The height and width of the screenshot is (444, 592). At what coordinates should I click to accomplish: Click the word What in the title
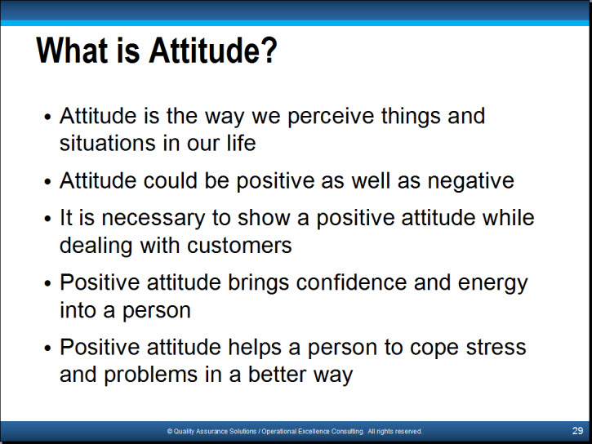point(73,50)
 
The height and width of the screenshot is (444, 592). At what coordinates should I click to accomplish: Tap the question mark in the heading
point(269,50)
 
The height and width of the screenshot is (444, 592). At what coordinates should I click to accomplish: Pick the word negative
point(470,181)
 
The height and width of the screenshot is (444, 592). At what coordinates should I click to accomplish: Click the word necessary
point(153,219)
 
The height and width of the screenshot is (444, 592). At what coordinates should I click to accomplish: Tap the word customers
point(239,246)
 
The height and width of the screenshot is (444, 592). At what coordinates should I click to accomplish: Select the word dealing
point(96,246)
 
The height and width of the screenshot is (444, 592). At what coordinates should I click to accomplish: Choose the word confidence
point(351,282)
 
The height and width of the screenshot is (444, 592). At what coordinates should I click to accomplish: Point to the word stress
point(496,348)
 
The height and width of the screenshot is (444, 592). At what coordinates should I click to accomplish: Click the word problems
point(150,375)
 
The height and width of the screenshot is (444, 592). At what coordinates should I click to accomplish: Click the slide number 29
point(577,431)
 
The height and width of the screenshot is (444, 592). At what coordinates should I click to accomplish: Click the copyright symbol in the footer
point(170,431)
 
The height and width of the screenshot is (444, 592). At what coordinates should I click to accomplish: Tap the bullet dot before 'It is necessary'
point(47,219)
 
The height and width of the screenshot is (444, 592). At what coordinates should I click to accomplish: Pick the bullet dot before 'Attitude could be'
point(47,181)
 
